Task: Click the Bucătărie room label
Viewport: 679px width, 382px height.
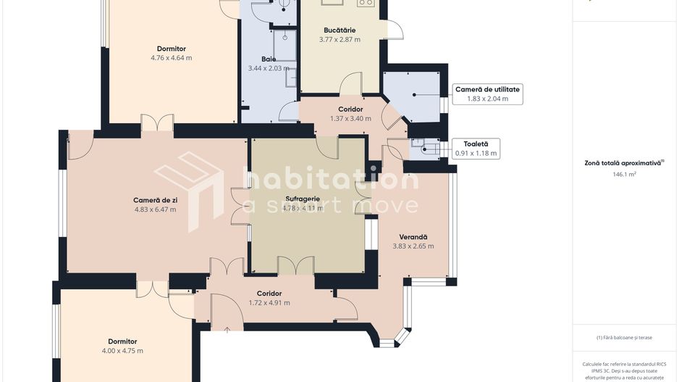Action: point(339,30)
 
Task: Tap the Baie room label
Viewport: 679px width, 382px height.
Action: point(269,59)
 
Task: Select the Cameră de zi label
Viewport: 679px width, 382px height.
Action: point(155,200)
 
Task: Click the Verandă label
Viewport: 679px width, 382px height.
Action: point(413,237)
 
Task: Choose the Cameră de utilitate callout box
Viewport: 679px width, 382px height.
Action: point(486,94)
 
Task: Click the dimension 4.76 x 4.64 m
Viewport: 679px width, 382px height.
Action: point(172,58)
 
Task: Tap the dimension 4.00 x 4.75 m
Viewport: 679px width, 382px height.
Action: point(122,351)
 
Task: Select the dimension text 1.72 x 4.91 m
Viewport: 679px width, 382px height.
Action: point(269,303)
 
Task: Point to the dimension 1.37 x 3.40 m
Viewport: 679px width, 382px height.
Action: point(350,119)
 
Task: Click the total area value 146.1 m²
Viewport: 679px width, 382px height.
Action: point(624,175)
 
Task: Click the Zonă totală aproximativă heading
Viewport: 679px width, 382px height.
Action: point(624,164)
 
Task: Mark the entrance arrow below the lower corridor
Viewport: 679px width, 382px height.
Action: point(227,329)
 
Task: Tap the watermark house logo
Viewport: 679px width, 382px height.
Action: point(189,191)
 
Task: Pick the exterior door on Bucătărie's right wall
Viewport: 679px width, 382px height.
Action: point(395,29)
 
